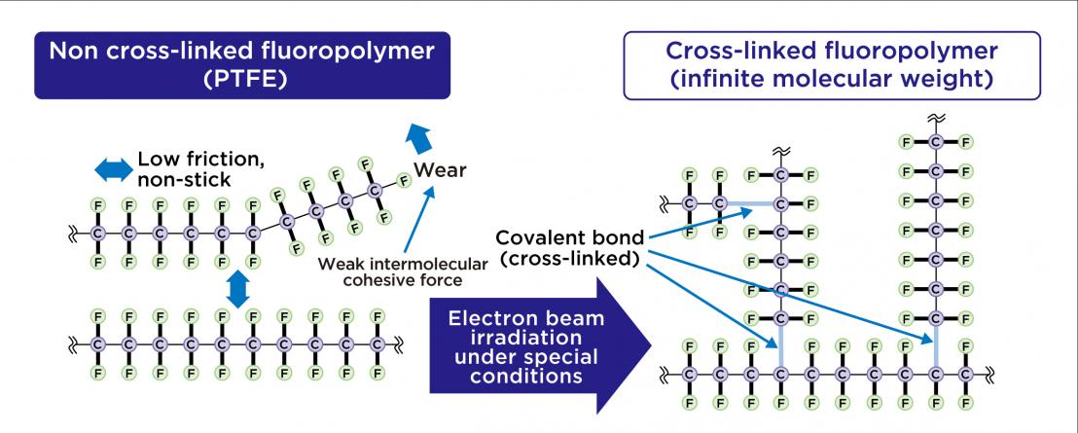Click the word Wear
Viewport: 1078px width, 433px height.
tap(440, 171)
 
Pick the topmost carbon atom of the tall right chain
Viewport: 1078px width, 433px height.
tap(935, 143)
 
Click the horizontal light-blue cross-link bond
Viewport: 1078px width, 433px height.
tap(750, 203)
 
